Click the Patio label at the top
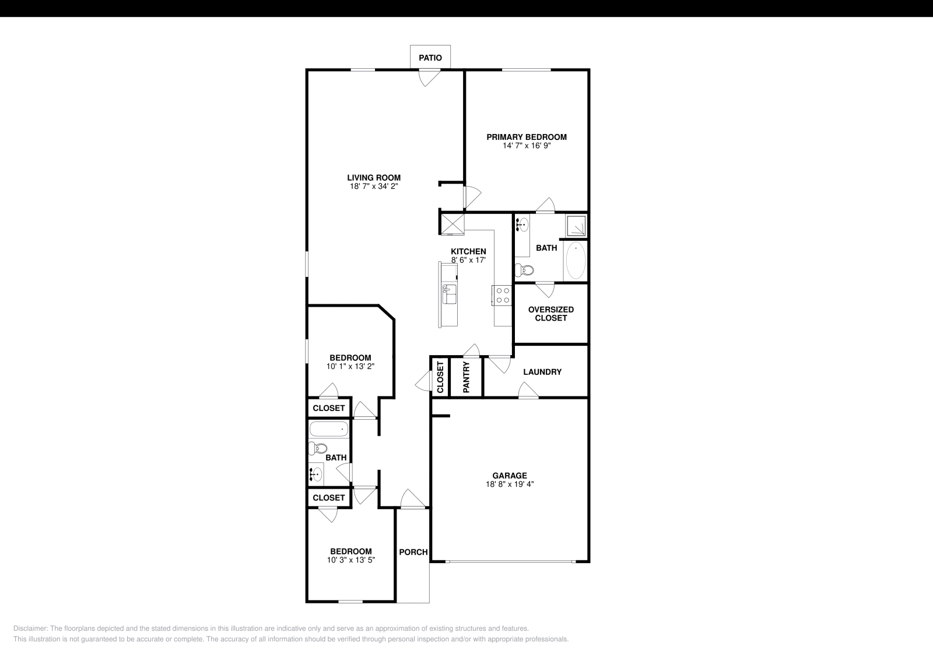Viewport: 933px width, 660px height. coord(430,58)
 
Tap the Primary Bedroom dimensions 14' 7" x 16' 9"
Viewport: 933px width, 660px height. coord(527,146)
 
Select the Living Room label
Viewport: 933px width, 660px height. coord(374,178)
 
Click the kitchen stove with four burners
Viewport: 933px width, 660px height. coord(502,295)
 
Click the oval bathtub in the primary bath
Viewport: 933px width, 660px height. coord(576,261)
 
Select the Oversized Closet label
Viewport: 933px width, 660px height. coord(550,314)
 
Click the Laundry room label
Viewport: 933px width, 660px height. coord(542,372)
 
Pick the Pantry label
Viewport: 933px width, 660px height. coord(466,377)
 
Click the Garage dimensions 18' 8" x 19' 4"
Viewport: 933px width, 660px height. coord(510,484)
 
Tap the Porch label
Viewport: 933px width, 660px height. coord(413,552)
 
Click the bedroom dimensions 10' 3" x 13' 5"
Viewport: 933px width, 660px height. coord(350,560)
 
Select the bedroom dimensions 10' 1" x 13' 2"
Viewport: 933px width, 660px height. coord(350,367)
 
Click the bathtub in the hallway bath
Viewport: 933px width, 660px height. coord(329,430)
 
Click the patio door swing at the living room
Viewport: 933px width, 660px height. coord(430,78)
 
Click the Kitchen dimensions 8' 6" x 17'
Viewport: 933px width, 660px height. coord(468,260)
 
